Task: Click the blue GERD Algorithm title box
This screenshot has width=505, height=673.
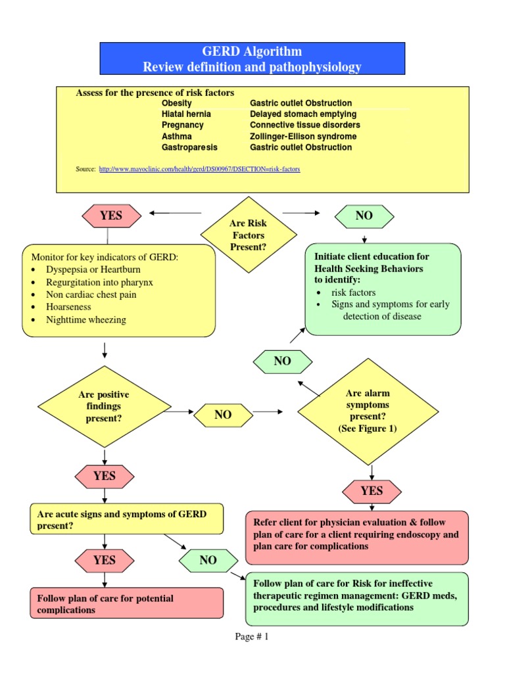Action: pyautogui.click(x=252, y=59)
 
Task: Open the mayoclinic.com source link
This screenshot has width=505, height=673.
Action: pyautogui.click(x=199, y=169)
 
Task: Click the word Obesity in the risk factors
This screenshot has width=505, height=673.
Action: pyautogui.click(x=176, y=103)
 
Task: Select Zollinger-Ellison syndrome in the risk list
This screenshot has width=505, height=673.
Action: pyautogui.click(x=303, y=136)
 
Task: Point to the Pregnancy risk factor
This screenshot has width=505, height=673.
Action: pyautogui.click(x=182, y=125)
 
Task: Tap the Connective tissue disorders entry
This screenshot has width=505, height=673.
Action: pyautogui.click(x=304, y=125)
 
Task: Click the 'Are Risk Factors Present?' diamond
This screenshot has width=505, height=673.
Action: pyautogui.click(x=247, y=235)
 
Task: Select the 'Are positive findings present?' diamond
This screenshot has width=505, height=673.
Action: pyautogui.click(x=104, y=406)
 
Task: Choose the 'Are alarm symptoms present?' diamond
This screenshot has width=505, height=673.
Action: pyautogui.click(x=368, y=411)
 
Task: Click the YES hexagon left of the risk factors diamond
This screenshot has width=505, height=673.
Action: pyautogui.click(x=110, y=216)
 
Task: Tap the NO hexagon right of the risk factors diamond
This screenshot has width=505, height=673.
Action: pyautogui.click(x=364, y=216)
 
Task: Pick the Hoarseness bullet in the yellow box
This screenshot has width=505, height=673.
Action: pyautogui.click(x=68, y=307)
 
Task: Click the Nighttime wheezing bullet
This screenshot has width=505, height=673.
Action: pyautogui.click(x=85, y=319)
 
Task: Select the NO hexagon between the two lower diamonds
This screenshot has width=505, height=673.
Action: pyautogui.click(x=222, y=415)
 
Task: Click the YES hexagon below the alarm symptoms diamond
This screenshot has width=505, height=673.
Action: pyautogui.click(x=372, y=490)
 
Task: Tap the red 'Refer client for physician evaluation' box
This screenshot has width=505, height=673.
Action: pyautogui.click(x=357, y=536)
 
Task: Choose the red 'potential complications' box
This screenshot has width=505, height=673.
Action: pyautogui.click(x=126, y=603)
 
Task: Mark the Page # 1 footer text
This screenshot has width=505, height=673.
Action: pyautogui.click(x=252, y=637)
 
